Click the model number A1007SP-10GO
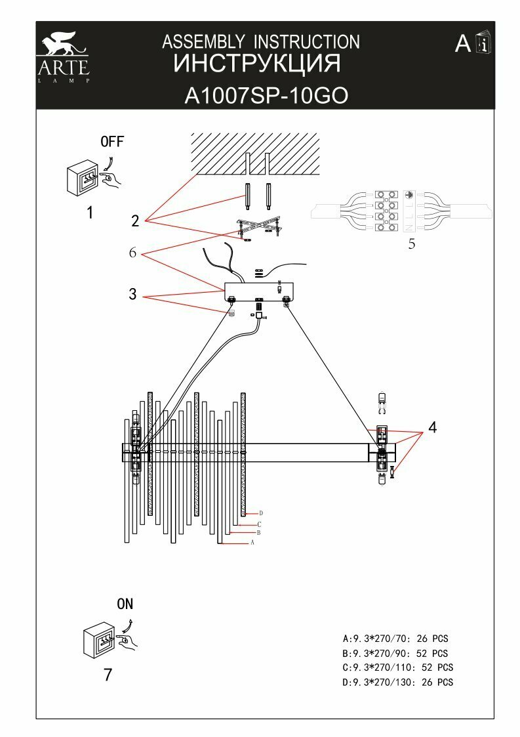266,96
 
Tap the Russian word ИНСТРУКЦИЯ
257,64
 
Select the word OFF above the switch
111,142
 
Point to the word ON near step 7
125,604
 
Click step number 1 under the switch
90,213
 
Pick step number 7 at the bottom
108,675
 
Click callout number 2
135,221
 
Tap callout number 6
132,253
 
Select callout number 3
132,295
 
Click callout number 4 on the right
431,427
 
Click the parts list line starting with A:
395,638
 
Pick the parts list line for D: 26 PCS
397,683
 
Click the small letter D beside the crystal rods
261,513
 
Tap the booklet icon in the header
485,45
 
